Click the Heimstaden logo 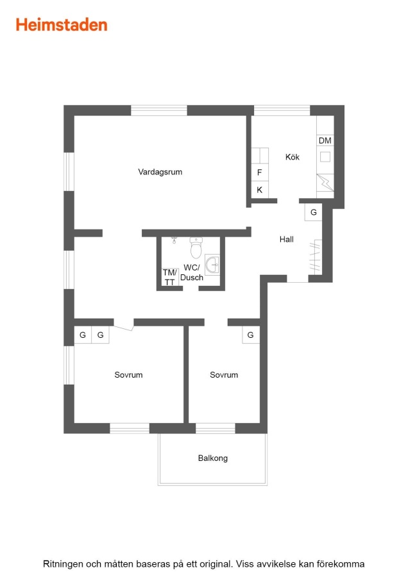pyautogui.click(x=62, y=24)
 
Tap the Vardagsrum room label pyautogui.click(x=160, y=172)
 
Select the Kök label pyautogui.click(x=293, y=157)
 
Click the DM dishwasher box pyautogui.click(x=325, y=140)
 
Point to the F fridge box pyautogui.click(x=260, y=172)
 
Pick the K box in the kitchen pyautogui.click(x=260, y=190)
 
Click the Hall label pyautogui.click(x=287, y=240)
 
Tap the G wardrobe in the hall pyautogui.click(x=313, y=212)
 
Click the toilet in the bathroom pyautogui.click(x=196, y=247)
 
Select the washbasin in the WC pyautogui.click(x=212, y=264)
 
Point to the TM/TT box pyautogui.click(x=170, y=277)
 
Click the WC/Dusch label pyautogui.click(x=191, y=272)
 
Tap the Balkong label pyautogui.click(x=213, y=458)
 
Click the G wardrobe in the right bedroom pyautogui.click(x=251, y=335)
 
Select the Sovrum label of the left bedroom pyautogui.click(x=128, y=375)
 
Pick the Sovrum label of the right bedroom pyautogui.click(x=224, y=375)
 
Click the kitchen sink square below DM pyautogui.click(x=325, y=157)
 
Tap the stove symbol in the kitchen pyautogui.click(x=325, y=183)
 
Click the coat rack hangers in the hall pyautogui.click(x=316, y=257)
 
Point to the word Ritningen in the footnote pyautogui.click(x=63, y=564)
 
